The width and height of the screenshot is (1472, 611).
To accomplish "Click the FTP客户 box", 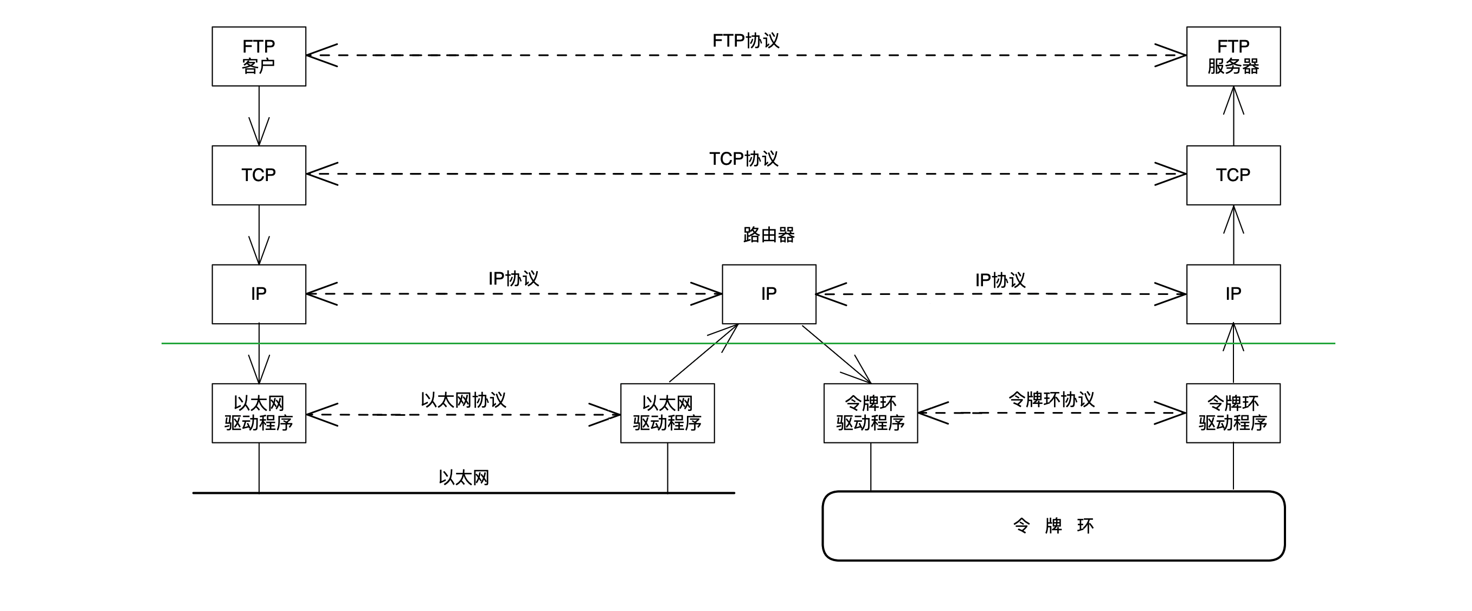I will (259, 56).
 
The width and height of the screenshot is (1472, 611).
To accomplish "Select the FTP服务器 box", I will (1233, 56).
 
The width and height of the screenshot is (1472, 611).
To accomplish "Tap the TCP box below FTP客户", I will (259, 175).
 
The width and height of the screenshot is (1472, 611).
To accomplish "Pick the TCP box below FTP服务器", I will (1233, 175).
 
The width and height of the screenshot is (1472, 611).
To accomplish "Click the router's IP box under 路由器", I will (769, 294).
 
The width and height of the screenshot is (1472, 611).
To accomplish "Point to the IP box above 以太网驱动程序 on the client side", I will (259, 294).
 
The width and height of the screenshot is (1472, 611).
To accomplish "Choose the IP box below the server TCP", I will (1233, 294).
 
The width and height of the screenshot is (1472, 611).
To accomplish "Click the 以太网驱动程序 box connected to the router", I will (667, 413).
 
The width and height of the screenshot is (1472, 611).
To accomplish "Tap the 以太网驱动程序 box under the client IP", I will (259, 413).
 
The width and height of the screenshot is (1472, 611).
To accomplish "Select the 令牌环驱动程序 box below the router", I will (870, 413).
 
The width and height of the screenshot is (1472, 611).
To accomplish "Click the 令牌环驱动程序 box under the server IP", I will (1233, 413).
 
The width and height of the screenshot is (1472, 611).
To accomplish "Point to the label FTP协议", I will (745, 41).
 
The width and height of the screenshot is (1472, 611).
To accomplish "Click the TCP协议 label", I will (743, 159).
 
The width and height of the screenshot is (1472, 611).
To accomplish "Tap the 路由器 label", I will (769, 234).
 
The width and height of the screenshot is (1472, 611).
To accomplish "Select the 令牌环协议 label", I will (1051, 399).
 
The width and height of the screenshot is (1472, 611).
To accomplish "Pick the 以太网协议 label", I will (464, 400).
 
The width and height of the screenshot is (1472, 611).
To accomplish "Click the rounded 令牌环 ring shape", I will (1053, 526).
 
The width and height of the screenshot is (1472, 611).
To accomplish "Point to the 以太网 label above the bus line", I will (464, 477).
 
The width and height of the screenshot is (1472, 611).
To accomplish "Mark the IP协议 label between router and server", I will (1000, 280).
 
